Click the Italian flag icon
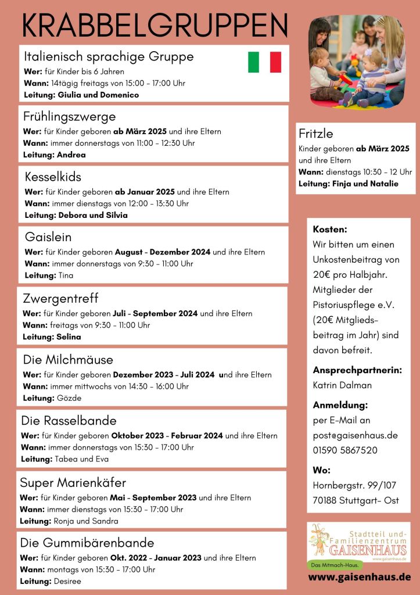tap(264, 62)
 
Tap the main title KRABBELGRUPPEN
tap(155, 26)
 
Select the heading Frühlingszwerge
tap(69, 116)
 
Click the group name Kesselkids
tap(53, 177)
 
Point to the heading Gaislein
tap(48, 237)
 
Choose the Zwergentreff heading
tap(60, 299)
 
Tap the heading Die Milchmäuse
tap(68, 359)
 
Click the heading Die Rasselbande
tap(69, 420)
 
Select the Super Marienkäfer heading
tap(73, 482)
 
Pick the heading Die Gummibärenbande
tap(87, 543)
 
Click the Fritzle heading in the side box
tap(316, 134)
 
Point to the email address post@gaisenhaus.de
tap(355, 435)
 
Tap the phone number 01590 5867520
tap(345, 450)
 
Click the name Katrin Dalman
tap(342, 385)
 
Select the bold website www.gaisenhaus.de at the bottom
tap(359, 577)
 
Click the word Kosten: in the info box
tap(330, 230)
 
